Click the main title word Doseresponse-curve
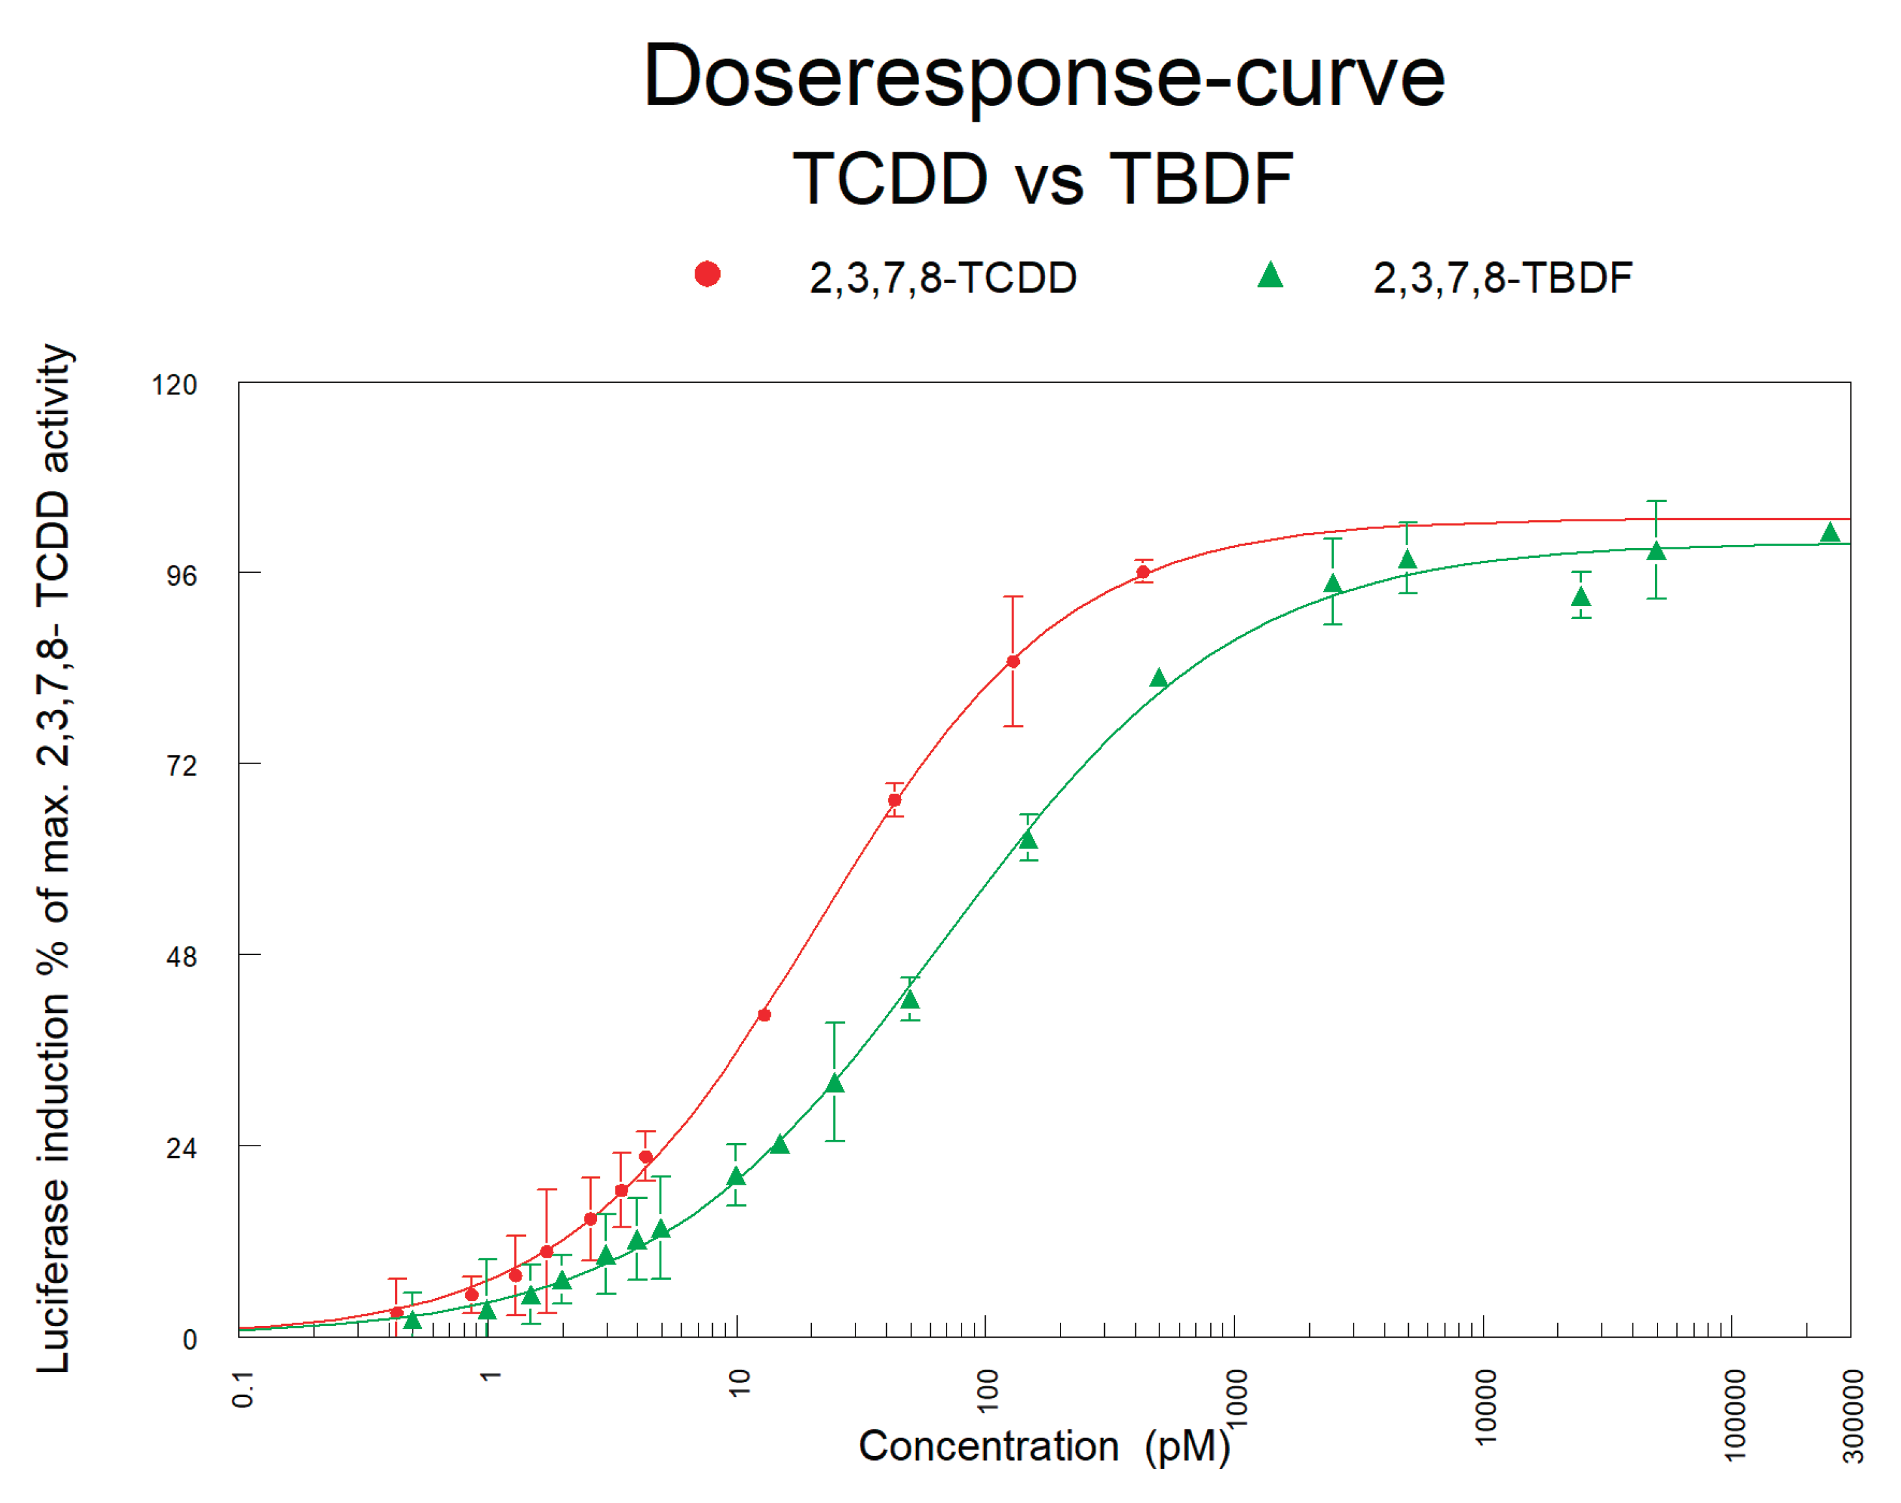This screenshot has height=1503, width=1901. tap(1044, 77)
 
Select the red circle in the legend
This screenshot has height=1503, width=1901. tap(708, 275)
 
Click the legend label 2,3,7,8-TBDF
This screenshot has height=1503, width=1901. tap(1503, 278)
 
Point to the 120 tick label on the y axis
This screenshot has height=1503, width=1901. tap(174, 385)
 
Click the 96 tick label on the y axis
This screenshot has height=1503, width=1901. tap(181, 576)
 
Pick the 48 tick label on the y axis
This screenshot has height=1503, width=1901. tap(181, 958)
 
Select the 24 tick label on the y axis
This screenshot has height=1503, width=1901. tap(181, 1148)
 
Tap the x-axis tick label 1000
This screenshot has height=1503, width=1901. tap(1236, 1398)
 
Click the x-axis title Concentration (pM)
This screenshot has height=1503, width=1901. tap(1044, 1446)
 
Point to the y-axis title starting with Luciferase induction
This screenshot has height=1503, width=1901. tap(53, 858)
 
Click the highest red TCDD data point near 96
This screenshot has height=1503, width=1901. tap(1143, 572)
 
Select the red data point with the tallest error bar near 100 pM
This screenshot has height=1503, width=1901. tap(1013, 662)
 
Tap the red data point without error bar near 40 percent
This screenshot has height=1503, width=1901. tap(764, 1015)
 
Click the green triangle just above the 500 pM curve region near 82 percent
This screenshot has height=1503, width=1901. tap(1159, 678)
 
